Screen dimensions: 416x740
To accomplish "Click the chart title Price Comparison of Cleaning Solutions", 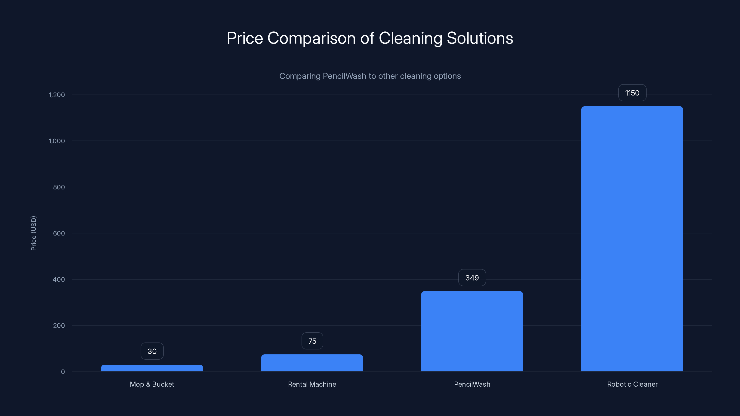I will tap(370, 38).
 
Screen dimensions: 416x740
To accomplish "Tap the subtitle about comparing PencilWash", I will tap(370, 76).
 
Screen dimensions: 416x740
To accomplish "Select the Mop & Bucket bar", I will tap(152, 368).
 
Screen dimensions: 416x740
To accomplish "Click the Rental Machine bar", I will tap(312, 363).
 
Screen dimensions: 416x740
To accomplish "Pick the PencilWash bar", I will tap(472, 331).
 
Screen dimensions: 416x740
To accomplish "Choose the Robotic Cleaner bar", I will tap(632, 239).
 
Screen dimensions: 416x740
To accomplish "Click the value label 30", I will tap(152, 351).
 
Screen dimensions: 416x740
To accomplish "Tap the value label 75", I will tap(312, 341).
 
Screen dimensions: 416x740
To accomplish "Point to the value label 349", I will tap(472, 278).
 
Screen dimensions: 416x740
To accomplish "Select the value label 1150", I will tap(632, 93).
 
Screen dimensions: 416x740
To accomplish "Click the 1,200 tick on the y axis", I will tap(57, 95).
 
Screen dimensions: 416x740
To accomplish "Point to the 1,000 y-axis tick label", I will tap(57, 141).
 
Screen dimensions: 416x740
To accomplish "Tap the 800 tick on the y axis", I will tap(59, 187).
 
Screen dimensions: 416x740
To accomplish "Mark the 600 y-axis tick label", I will tap(59, 233).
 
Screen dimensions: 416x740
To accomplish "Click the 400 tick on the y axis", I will tap(59, 279).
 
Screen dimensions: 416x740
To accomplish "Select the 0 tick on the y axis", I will tap(63, 372).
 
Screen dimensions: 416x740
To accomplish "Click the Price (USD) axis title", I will tap(34, 233).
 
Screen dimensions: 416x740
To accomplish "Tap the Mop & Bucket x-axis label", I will tap(152, 384).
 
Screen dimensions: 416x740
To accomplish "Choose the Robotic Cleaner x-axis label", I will tap(632, 384).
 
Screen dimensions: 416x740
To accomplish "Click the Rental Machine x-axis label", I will tap(312, 384).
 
